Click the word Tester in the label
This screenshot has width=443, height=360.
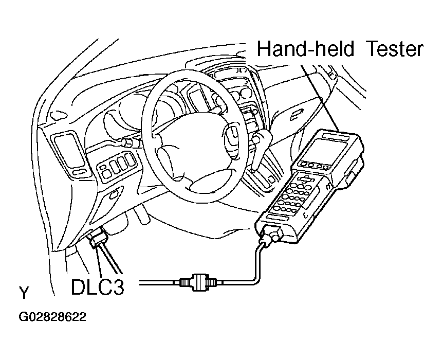coord(395,49)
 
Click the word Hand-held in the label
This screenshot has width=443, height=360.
coord(305,49)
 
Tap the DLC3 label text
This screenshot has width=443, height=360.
coord(98,287)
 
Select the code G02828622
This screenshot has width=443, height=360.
coord(52,317)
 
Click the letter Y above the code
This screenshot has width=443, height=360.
coord(24,293)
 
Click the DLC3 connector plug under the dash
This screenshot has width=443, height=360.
coord(98,237)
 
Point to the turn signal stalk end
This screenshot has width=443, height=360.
coord(125,142)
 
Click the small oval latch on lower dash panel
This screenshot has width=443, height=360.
coord(113,194)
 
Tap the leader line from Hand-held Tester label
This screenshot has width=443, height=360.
coord(320,98)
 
